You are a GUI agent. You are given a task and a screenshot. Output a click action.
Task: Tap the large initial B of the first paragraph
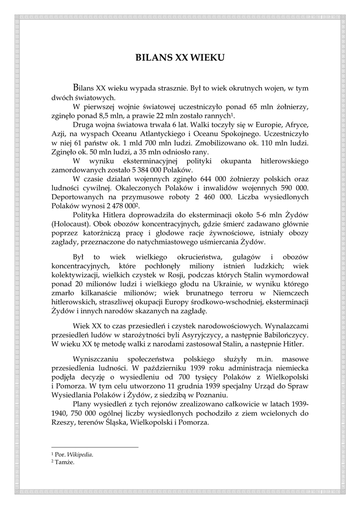tap(76, 88)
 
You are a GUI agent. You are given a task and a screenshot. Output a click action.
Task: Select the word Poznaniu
tap(212, 395)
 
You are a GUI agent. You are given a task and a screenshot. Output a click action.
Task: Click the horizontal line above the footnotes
tap(94, 447)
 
